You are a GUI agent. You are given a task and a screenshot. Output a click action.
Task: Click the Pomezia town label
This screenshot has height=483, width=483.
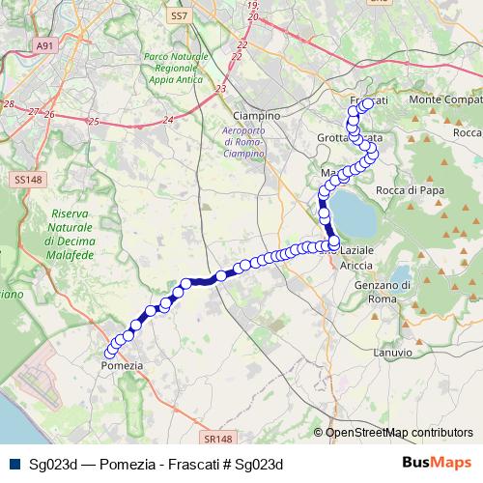[122, 366]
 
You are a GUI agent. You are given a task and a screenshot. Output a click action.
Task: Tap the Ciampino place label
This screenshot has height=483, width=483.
[257, 115]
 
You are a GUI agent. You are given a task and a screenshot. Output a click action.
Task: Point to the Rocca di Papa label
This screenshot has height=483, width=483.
[410, 190]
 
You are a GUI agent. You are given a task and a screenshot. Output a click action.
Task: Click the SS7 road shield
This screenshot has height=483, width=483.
[177, 16]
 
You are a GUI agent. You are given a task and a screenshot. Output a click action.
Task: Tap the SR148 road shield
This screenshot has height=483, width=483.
[216, 412]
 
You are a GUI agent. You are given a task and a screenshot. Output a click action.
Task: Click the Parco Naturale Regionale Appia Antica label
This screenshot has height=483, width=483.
[175, 70]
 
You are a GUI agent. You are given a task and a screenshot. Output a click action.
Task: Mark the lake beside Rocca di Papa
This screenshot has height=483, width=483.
[355, 215]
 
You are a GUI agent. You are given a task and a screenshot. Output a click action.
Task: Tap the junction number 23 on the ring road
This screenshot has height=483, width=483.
[221, 88]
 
